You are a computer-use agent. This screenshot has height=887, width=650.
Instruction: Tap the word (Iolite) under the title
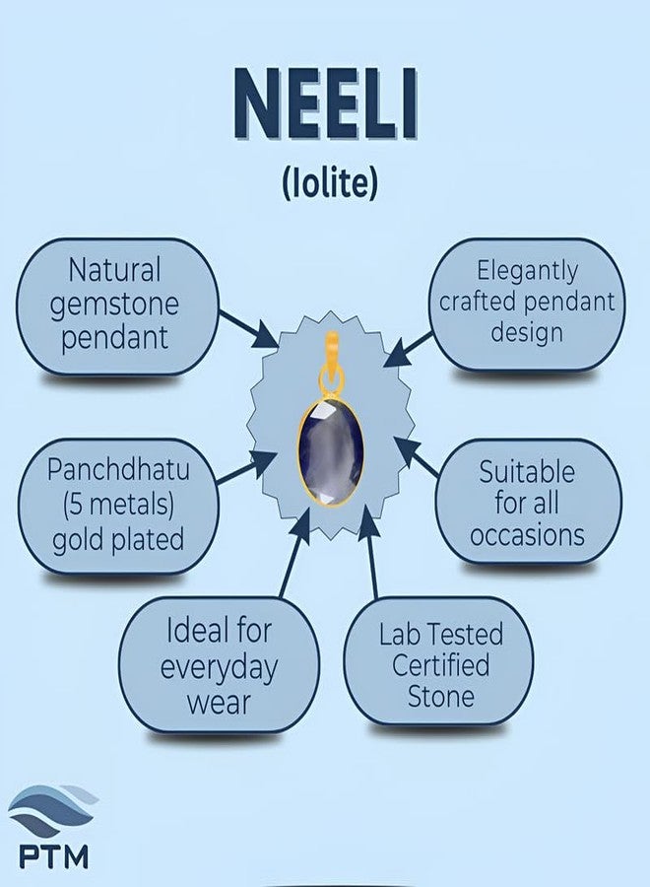[x=325, y=184]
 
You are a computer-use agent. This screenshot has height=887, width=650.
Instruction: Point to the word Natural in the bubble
[x=115, y=268]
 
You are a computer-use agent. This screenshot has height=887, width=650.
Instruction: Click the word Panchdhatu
[x=118, y=469]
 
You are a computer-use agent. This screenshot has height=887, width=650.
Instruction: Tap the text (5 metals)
[x=118, y=504]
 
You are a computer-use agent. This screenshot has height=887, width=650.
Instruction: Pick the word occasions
[x=527, y=535]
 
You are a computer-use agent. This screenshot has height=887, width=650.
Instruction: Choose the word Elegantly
[x=527, y=269]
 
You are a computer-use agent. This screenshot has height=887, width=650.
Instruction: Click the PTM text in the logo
[x=52, y=853]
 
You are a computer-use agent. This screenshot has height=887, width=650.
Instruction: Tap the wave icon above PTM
[x=51, y=810]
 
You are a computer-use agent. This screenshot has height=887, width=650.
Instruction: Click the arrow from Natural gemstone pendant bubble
[x=248, y=328]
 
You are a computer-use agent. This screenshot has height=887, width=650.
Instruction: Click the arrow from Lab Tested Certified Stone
[x=371, y=557]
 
